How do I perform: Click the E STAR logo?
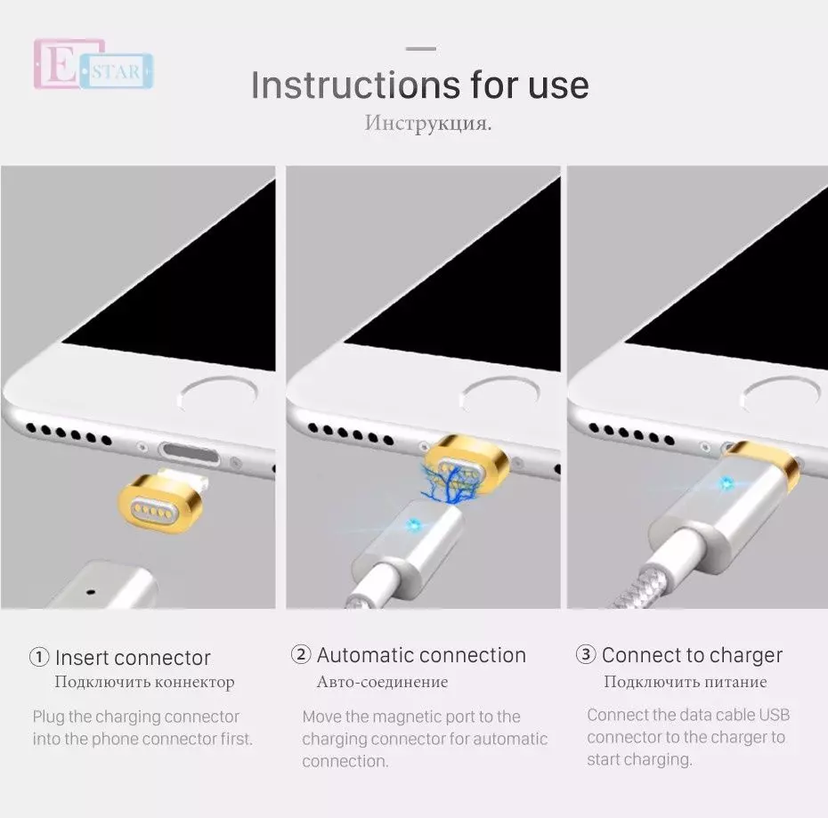point(93,64)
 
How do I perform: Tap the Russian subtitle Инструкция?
point(427,123)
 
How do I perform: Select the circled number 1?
point(39,658)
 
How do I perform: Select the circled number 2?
point(301,655)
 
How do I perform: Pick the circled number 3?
point(585,655)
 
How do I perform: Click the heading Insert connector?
point(133,658)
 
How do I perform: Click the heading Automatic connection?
point(421,655)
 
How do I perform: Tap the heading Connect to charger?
point(692,655)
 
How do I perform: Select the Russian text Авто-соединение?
point(382,683)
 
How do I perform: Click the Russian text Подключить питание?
point(685,683)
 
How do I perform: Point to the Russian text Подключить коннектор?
point(144,683)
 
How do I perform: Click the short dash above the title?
point(421,48)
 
